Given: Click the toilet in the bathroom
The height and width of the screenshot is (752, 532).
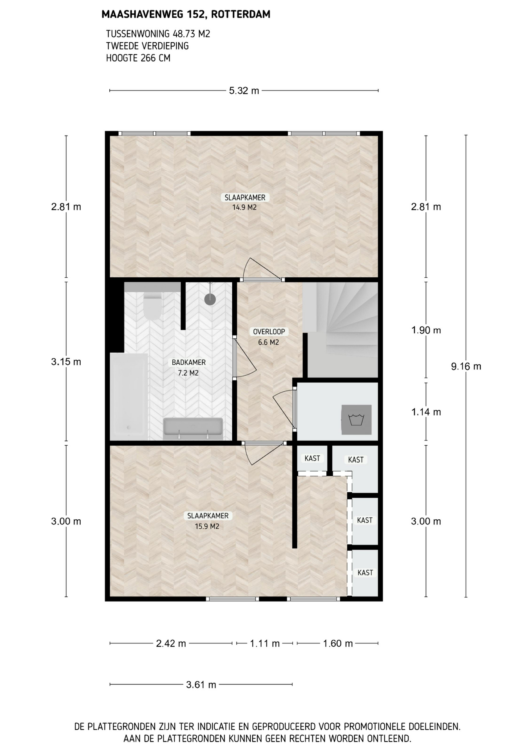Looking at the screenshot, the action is tap(152, 306).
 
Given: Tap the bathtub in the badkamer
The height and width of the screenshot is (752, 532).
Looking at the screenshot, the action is tap(129, 397).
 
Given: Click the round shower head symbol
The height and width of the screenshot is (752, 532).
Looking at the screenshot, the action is tap(210, 299).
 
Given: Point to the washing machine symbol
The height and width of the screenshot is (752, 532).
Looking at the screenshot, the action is tap(356, 419).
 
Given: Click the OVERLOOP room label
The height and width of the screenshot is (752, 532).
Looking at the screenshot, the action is tap(269, 332).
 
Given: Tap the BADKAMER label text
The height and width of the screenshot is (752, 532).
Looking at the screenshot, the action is tap(188, 362).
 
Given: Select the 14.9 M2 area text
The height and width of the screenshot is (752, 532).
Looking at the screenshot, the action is tap(244, 208).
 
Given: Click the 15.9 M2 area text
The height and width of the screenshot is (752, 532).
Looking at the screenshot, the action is tap(207, 526).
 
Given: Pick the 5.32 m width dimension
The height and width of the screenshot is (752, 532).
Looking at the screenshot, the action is tap(244, 91).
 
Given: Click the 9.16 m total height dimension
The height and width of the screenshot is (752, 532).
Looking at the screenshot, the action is tap(466, 367).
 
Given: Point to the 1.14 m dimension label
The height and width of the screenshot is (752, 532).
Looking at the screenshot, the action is tap(426, 412).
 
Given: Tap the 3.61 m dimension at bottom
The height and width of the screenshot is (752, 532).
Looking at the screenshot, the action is tap(201, 685).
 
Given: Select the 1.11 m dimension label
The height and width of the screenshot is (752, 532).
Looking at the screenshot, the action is tap(265, 644).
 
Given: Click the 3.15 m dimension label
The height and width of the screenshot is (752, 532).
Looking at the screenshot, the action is tap(66, 362).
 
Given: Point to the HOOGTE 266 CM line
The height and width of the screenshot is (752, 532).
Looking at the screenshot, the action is tap(138, 58).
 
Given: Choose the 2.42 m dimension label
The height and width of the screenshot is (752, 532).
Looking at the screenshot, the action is tap(171, 644).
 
